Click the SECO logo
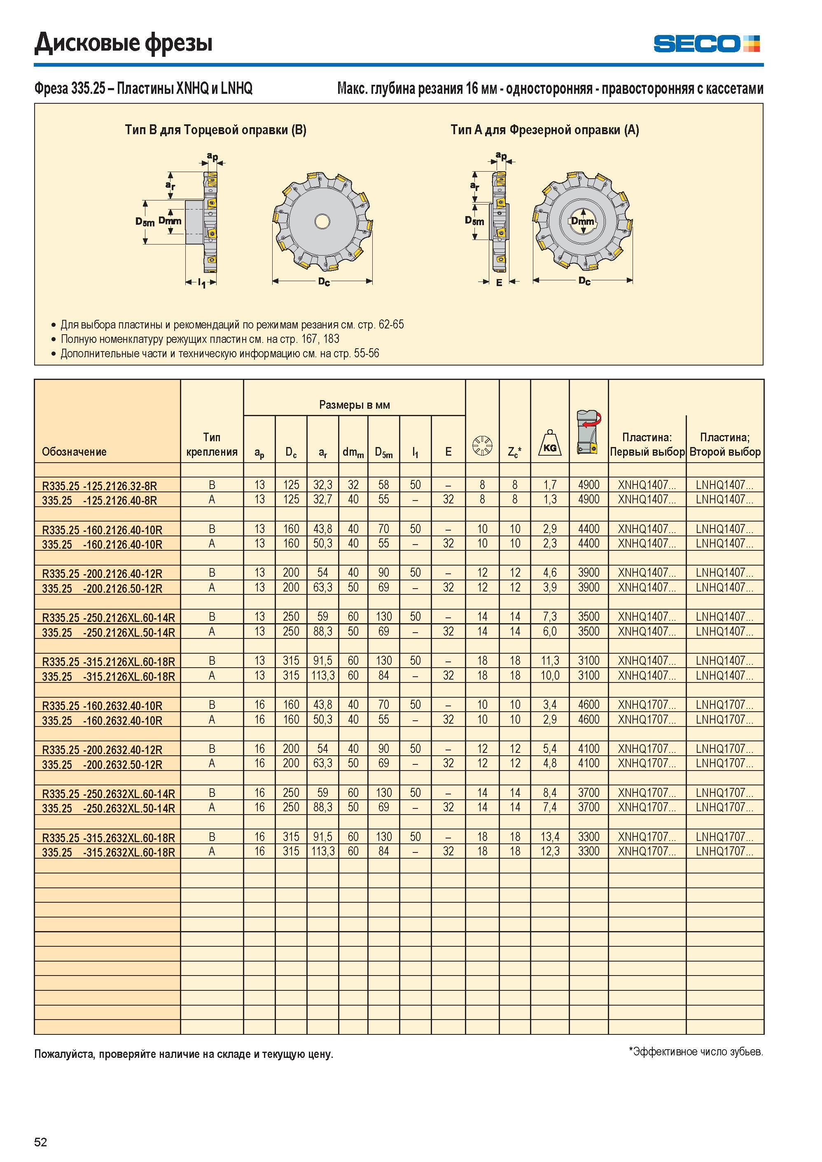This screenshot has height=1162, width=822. [x=707, y=44]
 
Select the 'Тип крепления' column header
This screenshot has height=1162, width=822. [x=212, y=445]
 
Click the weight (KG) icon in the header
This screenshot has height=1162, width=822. [x=550, y=443]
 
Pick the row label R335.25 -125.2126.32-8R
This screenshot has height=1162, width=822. [x=99, y=486]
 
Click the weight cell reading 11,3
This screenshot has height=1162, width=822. [x=550, y=661]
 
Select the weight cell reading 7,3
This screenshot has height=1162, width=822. [x=550, y=617]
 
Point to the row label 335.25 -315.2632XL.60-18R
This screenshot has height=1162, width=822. [x=108, y=852]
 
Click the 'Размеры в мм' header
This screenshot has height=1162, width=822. [x=355, y=405]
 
